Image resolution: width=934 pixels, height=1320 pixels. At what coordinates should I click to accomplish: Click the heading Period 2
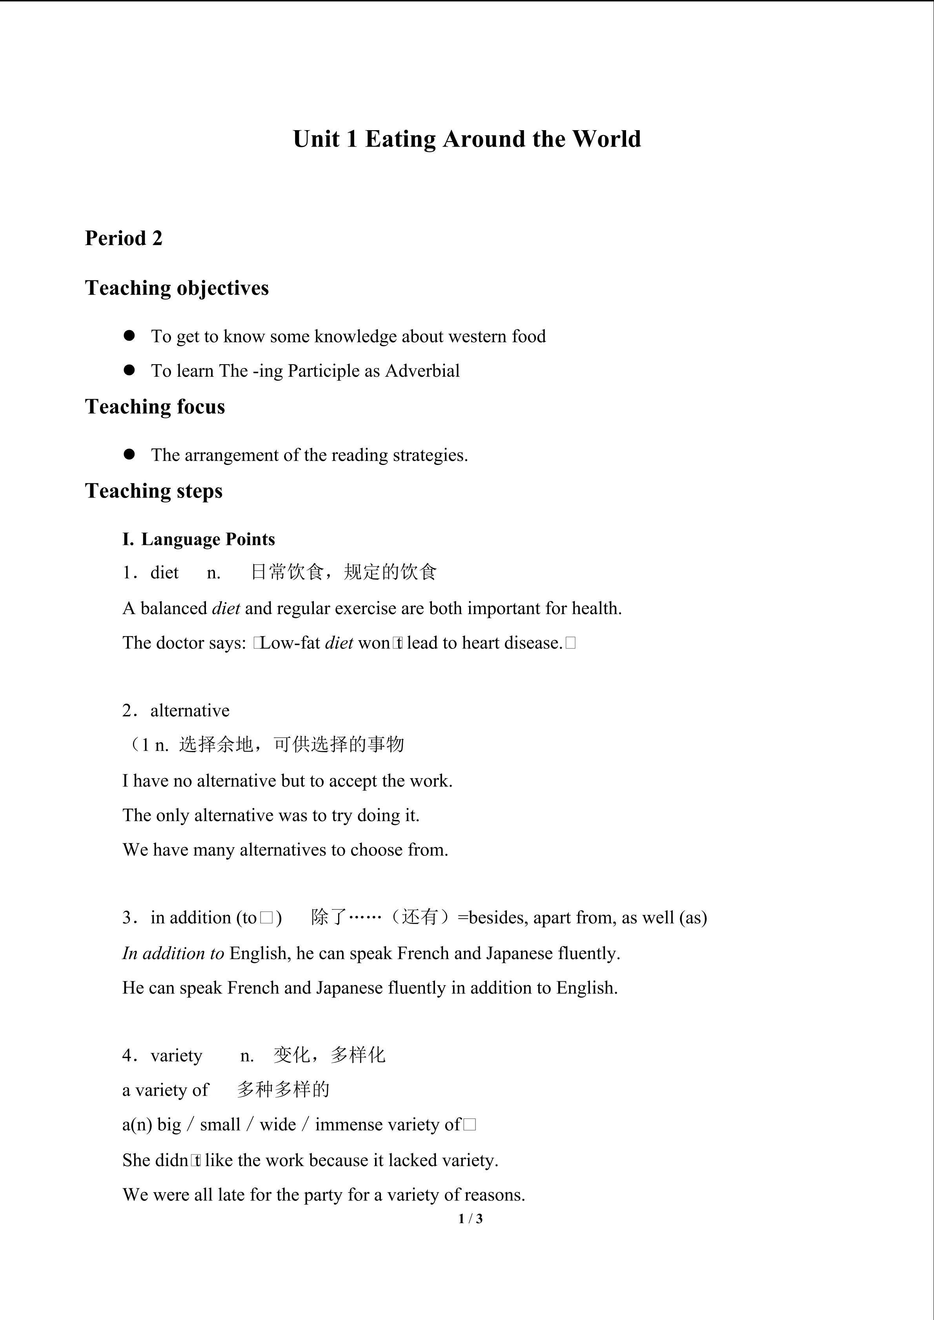click(124, 238)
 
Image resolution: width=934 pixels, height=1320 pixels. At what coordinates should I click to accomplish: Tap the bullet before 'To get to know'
click(129, 336)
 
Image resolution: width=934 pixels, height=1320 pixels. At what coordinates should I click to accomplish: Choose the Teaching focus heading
click(155, 407)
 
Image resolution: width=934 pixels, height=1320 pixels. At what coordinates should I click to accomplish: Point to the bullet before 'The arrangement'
click(129, 455)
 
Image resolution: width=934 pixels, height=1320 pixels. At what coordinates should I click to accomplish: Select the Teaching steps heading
click(153, 491)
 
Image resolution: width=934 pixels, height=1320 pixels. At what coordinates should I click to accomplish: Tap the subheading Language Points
click(208, 539)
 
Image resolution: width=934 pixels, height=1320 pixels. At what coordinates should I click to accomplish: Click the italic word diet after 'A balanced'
click(226, 608)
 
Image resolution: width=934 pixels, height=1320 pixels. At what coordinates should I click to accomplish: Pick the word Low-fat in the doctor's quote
click(290, 643)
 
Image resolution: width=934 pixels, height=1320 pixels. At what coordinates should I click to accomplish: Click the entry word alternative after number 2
click(190, 711)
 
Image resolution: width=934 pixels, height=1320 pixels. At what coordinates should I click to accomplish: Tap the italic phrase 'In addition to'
click(173, 953)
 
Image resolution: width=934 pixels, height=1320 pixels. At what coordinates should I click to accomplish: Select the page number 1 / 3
click(470, 1218)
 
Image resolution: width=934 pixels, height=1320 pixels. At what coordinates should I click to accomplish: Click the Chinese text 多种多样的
click(283, 1089)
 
